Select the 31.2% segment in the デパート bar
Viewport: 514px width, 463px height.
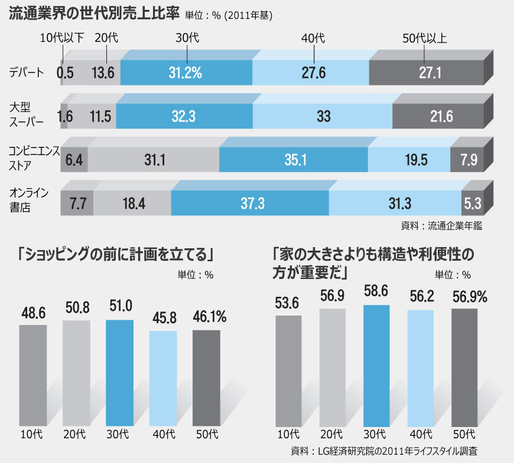186,73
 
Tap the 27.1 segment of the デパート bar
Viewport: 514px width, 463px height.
425,73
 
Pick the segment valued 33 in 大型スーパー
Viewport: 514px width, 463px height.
323,116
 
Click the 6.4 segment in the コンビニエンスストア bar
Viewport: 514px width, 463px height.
74,160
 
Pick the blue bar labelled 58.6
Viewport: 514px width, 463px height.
376,366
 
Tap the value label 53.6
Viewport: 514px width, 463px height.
289,304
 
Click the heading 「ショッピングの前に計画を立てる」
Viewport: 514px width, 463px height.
115,255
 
